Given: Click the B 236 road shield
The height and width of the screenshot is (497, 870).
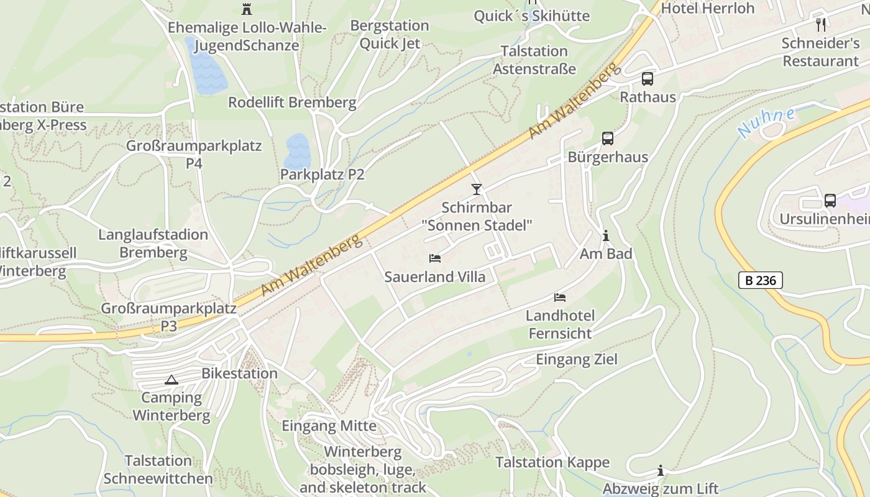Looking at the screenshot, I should coord(761,280).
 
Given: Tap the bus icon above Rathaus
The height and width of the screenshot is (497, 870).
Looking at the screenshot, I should coord(648,79).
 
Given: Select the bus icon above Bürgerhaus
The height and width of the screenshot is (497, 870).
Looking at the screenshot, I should coord(608,139).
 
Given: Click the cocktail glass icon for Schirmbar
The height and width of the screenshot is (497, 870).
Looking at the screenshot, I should coord(477,189).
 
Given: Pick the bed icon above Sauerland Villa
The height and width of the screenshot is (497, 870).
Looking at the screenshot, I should coord(435,258).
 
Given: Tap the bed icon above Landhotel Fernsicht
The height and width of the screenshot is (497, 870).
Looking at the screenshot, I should coord(560,298).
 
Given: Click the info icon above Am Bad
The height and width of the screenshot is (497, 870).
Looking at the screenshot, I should coord(606,235).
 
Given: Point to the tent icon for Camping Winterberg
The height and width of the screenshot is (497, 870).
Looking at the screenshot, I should coord(172,380).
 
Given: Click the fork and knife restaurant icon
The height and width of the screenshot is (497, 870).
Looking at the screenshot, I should coord(822,25).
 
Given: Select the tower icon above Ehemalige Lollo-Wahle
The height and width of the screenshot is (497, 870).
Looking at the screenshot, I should coord(247,9).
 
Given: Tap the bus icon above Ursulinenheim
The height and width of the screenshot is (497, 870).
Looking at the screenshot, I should coord(830,201).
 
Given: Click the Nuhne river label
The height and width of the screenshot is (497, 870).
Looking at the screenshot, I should coord(766,122).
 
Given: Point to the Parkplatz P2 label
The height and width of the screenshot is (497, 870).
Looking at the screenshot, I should coord(322,175).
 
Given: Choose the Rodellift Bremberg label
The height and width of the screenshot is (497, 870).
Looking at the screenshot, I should coord(292,103).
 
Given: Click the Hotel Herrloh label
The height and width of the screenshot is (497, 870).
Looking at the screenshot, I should coord(707,8).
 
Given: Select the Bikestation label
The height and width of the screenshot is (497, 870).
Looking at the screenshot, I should coord(239,373).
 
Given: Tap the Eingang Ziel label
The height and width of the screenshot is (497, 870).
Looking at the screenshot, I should coord(577,359).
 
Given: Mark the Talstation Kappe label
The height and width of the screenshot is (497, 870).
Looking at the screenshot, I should coord(552,462).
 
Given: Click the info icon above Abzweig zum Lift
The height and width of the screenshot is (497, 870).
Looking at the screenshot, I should coord(661,470).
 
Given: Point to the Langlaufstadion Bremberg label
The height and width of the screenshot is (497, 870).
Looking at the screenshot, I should coord(153,244).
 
